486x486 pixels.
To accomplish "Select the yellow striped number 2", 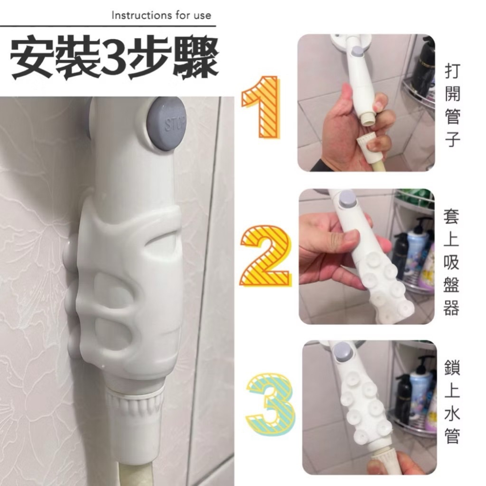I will pos(265,256).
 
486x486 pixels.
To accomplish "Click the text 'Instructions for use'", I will pos(161,15).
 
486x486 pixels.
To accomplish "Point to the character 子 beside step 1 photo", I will pos(451,141).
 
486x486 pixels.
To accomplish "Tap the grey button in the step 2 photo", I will pos(347,198).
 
